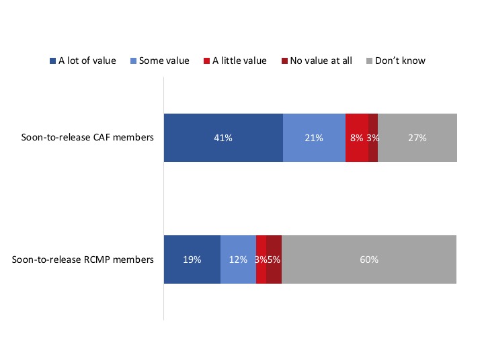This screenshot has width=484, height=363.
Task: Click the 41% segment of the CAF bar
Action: pyautogui.click(x=223, y=138)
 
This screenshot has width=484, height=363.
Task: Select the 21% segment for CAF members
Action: pyautogui.click(x=314, y=138)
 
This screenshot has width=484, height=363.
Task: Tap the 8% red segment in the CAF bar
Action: pyautogui.click(x=356, y=138)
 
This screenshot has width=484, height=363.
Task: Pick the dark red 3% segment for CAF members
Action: pyautogui.click(x=373, y=138)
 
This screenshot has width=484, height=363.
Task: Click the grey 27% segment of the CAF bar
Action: pyautogui.click(x=417, y=138)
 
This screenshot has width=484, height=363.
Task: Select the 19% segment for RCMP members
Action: pyautogui.click(x=192, y=259)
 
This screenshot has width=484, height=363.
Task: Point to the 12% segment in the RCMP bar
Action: pyautogui.click(x=238, y=259)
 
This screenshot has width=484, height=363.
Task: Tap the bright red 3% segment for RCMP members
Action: pyautogui.click(x=261, y=259)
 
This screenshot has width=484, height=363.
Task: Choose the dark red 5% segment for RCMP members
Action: pyautogui.click(x=274, y=259)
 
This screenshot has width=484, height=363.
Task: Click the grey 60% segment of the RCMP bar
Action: pyautogui.click(x=369, y=259)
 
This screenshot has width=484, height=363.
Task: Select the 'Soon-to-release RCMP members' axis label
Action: pyautogui.click(x=83, y=259)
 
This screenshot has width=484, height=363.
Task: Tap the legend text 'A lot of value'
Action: pyautogui.click(x=87, y=61)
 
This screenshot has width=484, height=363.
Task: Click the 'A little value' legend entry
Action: pyautogui.click(x=239, y=61)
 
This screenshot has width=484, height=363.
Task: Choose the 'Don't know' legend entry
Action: pyautogui.click(x=401, y=61)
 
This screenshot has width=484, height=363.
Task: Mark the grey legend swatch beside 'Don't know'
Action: pyautogui.click(x=369, y=61)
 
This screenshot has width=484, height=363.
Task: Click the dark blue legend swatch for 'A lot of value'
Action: pyautogui.click(x=53, y=61)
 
